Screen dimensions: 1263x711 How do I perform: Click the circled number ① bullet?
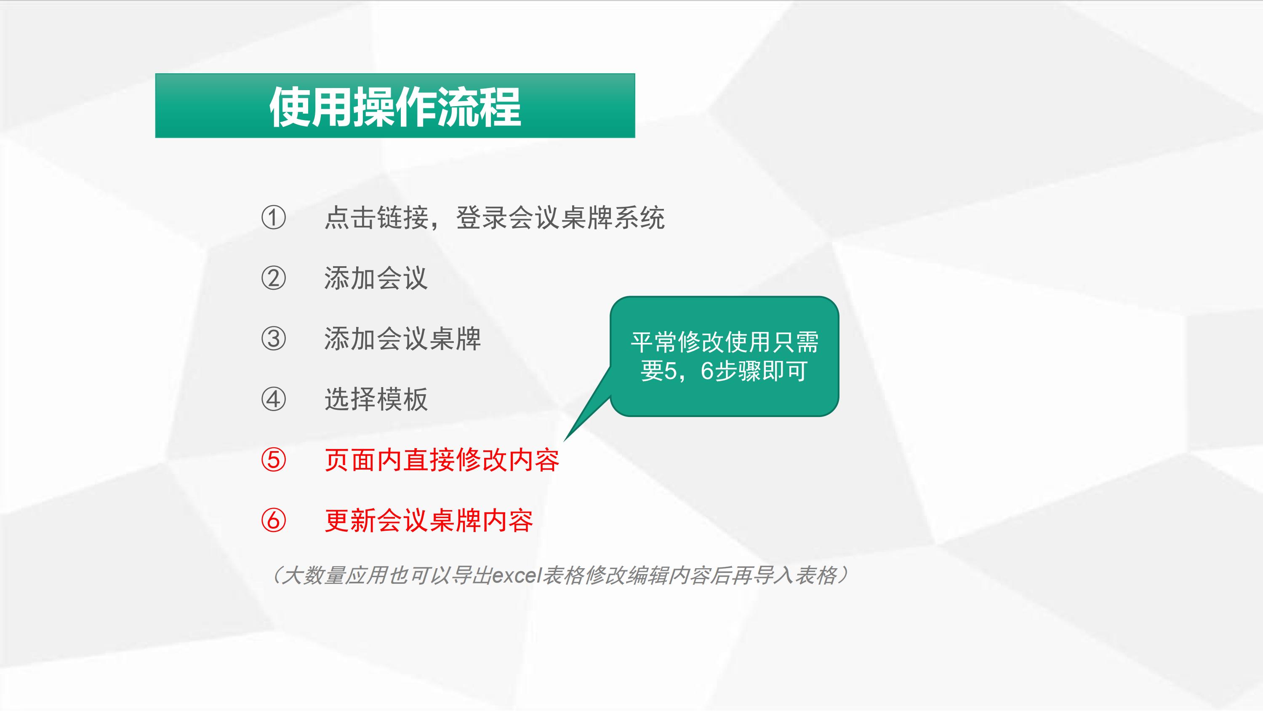(x=273, y=217)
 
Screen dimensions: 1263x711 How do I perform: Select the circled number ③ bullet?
(x=273, y=339)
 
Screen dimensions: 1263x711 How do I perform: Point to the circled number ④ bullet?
(x=273, y=399)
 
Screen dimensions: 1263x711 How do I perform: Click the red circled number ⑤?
(x=273, y=460)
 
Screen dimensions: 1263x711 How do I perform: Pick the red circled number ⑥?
(x=273, y=520)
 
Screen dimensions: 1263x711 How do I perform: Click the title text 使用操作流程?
(x=395, y=107)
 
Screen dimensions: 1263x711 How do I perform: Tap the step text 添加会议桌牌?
(x=402, y=339)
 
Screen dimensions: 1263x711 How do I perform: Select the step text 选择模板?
(x=376, y=399)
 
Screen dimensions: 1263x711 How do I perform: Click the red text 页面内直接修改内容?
(x=442, y=460)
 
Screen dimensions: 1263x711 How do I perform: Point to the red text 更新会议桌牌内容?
(x=429, y=520)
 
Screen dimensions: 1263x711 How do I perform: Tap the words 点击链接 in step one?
(x=376, y=217)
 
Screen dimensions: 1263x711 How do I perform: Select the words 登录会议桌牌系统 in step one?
(x=560, y=217)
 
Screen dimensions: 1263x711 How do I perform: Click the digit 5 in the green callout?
(x=670, y=371)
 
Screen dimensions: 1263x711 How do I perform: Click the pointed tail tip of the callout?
(x=564, y=441)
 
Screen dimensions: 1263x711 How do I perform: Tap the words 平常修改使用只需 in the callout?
(x=725, y=342)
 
